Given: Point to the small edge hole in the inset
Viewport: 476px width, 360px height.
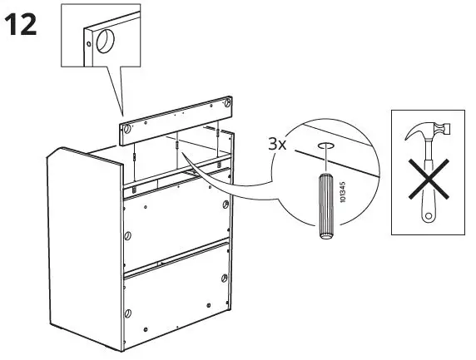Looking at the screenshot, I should point(86,36).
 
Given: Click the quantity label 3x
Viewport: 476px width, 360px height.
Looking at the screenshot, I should point(276,144).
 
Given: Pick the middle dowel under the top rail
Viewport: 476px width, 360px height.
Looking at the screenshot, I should point(178,145).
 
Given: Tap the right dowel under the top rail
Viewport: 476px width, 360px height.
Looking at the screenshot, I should point(216,131).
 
